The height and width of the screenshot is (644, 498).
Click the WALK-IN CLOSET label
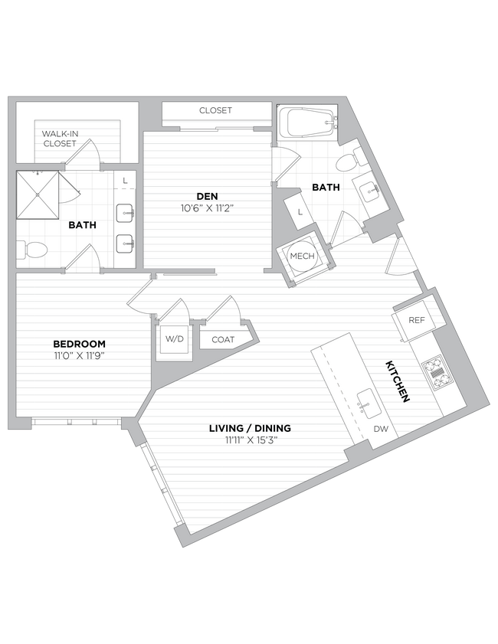(x=59, y=138)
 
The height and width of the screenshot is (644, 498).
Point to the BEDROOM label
(x=79, y=344)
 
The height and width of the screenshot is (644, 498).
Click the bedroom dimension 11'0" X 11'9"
(x=79, y=356)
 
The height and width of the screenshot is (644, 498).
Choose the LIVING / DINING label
(x=250, y=428)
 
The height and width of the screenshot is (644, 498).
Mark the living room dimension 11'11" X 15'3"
(x=250, y=440)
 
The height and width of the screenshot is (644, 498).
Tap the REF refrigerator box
(x=416, y=321)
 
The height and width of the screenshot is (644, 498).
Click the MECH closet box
(x=301, y=256)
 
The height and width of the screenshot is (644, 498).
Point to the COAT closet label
(x=223, y=339)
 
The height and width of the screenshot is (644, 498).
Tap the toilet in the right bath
(x=349, y=161)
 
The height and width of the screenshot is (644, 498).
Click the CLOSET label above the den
(x=215, y=110)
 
